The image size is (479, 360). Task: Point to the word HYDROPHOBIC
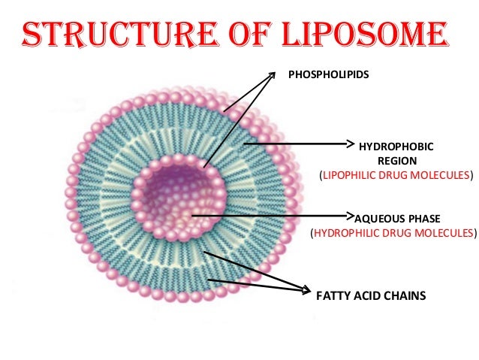396,147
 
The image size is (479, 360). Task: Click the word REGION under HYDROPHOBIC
396,161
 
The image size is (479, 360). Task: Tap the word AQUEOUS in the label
378,218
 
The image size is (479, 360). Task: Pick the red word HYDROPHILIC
347,233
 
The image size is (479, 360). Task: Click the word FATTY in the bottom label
331,296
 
